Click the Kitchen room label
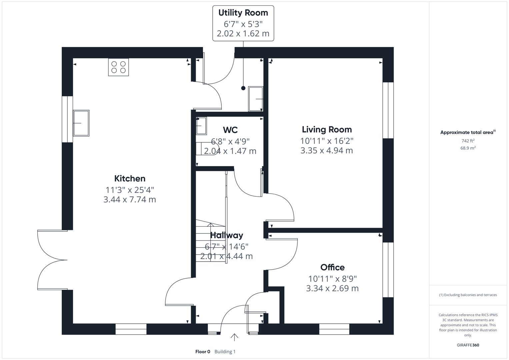click(x=130, y=178)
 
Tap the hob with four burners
click(x=118, y=67)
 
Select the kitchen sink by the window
click(x=81, y=123)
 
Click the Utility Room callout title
click(x=243, y=13)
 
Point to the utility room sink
click(x=256, y=99)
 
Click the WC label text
click(x=230, y=130)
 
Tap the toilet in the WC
click(x=207, y=148)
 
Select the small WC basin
click(x=201, y=126)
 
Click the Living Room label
click(x=327, y=129)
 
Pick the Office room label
click(x=332, y=267)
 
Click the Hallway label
click(x=227, y=235)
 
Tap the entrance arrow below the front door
click(x=234, y=337)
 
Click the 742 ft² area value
click(x=468, y=141)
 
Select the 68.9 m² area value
click(x=468, y=148)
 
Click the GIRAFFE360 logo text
click(x=468, y=345)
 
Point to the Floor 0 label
click(x=203, y=352)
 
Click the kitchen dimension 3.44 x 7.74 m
click(x=130, y=200)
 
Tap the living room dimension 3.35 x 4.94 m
click(x=327, y=151)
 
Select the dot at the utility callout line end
click(x=243, y=88)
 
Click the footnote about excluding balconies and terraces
click(x=468, y=295)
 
